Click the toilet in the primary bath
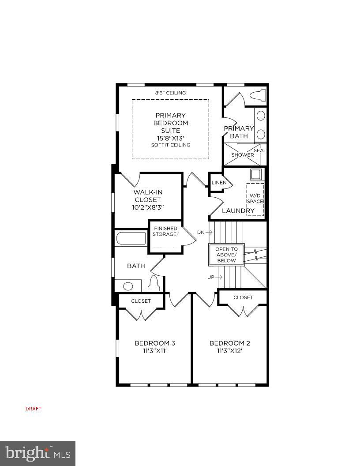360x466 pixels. (x=257, y=95)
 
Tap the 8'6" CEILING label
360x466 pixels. (x=170, y=93)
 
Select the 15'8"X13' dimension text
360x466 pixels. (x=170, y=138)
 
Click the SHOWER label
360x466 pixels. (x=242, y=155)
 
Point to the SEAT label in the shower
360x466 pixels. (x=260, y=150)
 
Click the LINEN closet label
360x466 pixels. (x=219, y=183)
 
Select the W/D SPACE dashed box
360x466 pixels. (x=255, y=199)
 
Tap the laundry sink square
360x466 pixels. (x=256, y=174)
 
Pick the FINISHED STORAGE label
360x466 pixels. (x=165, y=231)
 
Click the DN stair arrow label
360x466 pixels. (x=204, y=232)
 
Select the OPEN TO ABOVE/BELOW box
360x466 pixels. (x=226, y=255)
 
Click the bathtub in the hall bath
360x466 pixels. (x=131, y=239)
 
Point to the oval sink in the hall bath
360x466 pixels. (x=128, y=286)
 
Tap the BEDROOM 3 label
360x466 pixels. (x=155, y=343)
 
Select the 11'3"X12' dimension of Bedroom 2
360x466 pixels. (x=230, y=351)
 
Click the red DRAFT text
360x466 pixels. (x=34, y=409)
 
